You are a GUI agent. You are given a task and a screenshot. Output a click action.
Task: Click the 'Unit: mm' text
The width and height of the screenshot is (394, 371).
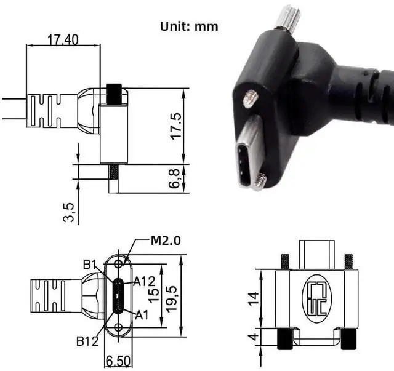(x=189, y=26)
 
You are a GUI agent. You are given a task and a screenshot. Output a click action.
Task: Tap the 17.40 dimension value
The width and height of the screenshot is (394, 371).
(x=63, y=40)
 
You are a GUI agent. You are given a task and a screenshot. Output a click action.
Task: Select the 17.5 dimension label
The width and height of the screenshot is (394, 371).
(x=176, y=126)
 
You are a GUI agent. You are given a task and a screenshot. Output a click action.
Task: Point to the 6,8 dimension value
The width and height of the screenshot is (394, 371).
(x=174, y=178)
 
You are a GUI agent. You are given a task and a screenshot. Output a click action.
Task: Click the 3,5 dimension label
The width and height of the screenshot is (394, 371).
(x=69, y=212)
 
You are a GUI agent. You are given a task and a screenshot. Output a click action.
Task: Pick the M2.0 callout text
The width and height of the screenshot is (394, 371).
(x=166, y=241)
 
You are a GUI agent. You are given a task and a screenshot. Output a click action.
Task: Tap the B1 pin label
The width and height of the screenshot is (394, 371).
(x=90, y=265)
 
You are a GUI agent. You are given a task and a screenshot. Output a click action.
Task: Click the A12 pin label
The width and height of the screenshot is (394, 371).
(x=144, y=281)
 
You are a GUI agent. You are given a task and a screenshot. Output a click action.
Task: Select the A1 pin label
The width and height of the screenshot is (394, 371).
(x=142, y=315)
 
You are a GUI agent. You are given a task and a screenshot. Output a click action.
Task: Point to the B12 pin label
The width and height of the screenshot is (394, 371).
(x=87, y=341)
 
